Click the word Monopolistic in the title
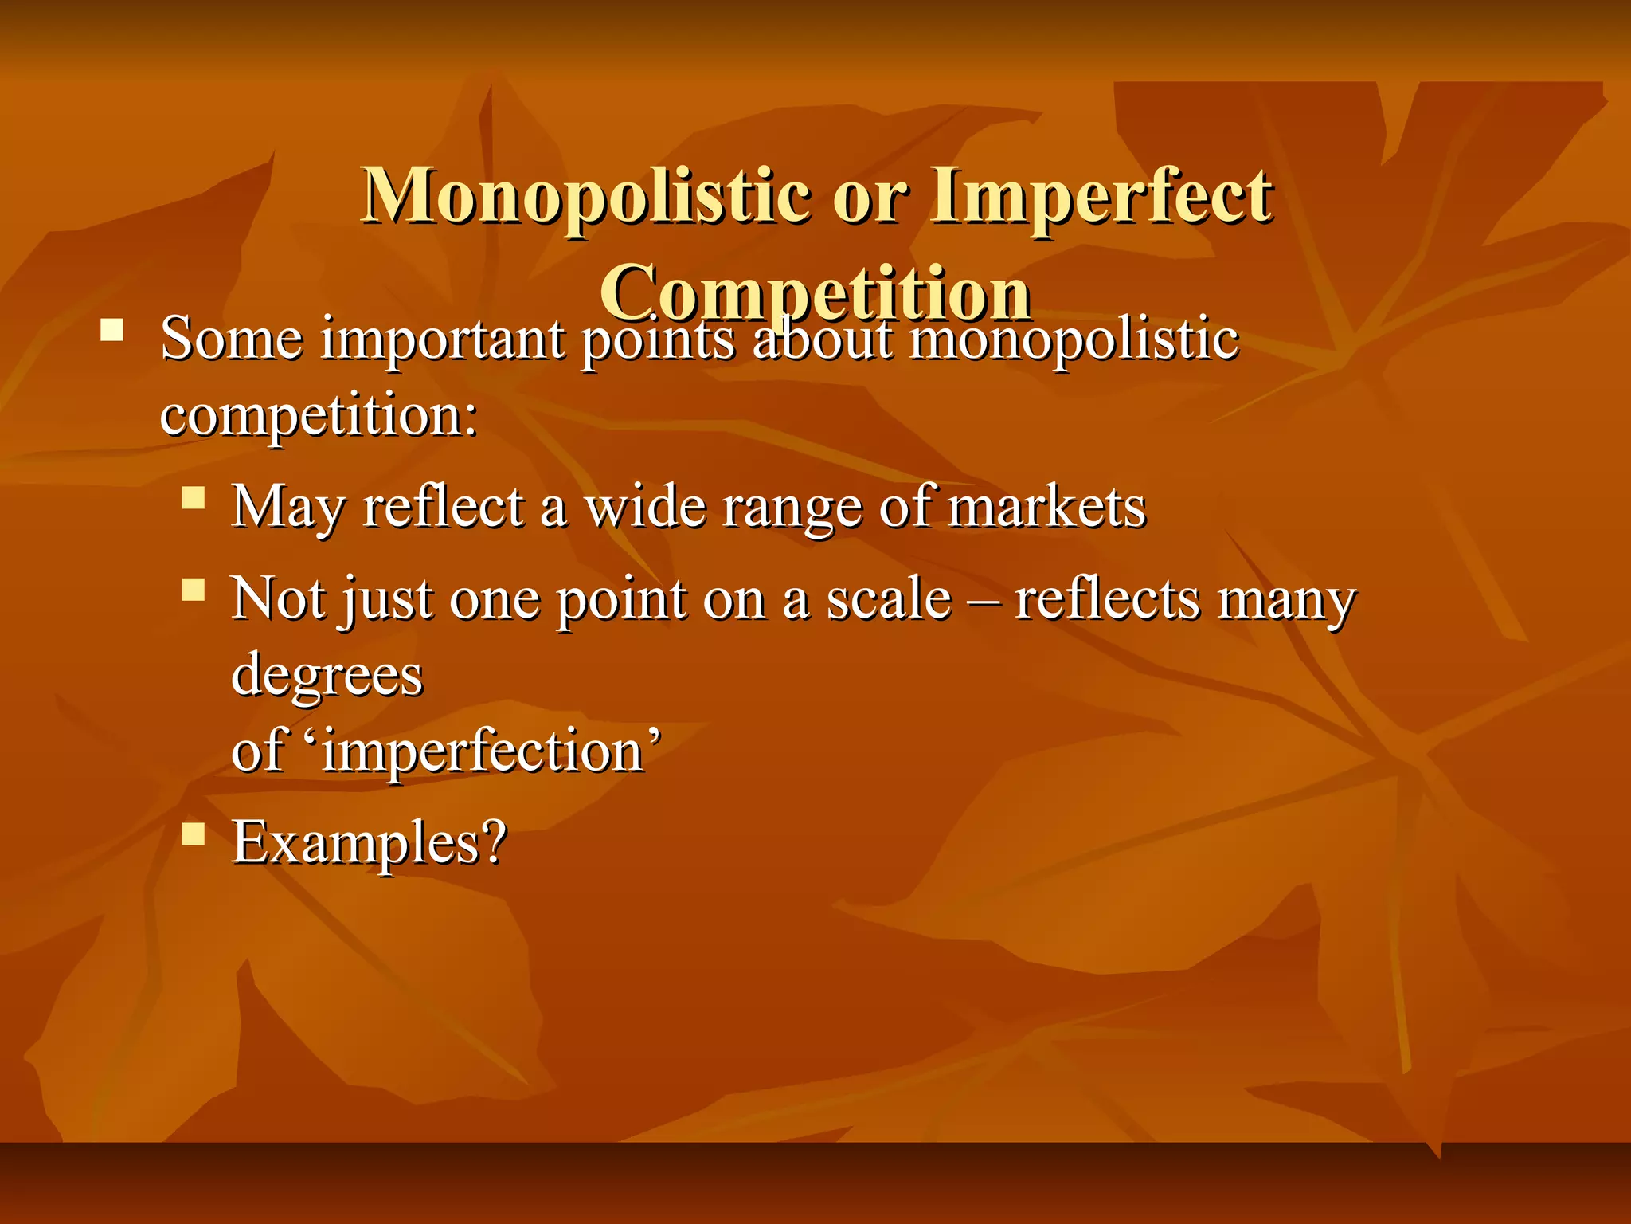tap(585, 197)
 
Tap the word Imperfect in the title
tap(1101, 197)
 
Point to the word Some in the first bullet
tap(231, 339)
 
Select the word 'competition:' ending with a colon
tap(319, 416)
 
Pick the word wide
tap(645, 507)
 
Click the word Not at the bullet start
tap(278, 598)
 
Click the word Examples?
tap(369, 841)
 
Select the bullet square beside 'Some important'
tap(111, 329)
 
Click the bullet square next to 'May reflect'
tap(194, 499)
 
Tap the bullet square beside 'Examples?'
tap(194, 834)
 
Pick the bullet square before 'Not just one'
tap(194, 590)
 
